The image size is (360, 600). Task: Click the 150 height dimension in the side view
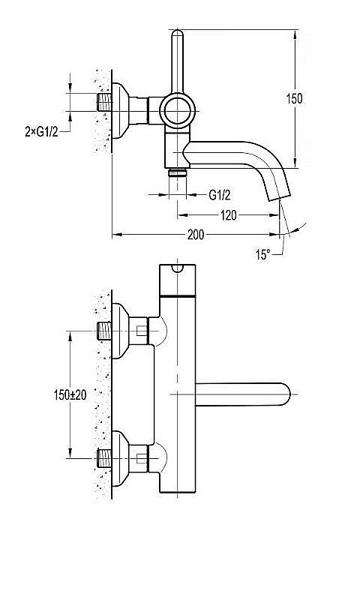click(294, 98)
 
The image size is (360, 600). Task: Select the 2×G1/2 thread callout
click(42, 132)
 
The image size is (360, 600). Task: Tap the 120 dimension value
click(229, 215)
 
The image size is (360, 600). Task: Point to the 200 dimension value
click(196, 235)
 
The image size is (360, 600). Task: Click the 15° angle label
click(262, 254)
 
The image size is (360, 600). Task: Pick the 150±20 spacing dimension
click(70, 395)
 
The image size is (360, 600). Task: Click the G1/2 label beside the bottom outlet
click(220, 196)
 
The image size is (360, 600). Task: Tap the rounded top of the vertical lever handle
click(178, 33)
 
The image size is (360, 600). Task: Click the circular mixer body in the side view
click(178, 111)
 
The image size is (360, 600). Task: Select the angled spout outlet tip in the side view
click(278, 196)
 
